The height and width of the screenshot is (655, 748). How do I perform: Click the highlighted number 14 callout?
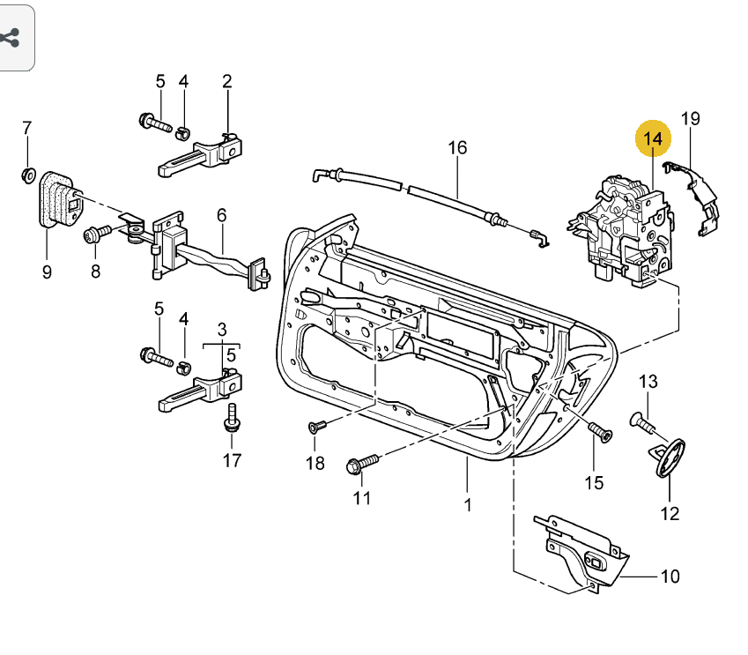654,138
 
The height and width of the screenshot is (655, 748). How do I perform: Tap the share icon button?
11,38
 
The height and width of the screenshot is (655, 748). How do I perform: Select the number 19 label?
690,118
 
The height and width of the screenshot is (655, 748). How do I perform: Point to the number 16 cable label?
457,147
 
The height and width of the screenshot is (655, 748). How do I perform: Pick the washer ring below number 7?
26,174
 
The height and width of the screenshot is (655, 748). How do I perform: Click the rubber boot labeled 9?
56,201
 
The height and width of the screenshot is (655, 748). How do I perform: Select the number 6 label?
221,214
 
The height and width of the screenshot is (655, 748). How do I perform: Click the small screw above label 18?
317,427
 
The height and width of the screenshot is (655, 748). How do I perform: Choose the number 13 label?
648,382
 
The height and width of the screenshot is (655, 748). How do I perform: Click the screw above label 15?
599,431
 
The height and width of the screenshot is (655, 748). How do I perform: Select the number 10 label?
670,577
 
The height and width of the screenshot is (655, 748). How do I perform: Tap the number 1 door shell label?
468,505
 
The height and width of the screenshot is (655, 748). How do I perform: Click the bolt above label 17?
233,416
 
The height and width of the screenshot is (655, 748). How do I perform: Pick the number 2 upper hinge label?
226,82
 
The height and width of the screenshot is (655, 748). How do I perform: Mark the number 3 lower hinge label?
222,328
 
